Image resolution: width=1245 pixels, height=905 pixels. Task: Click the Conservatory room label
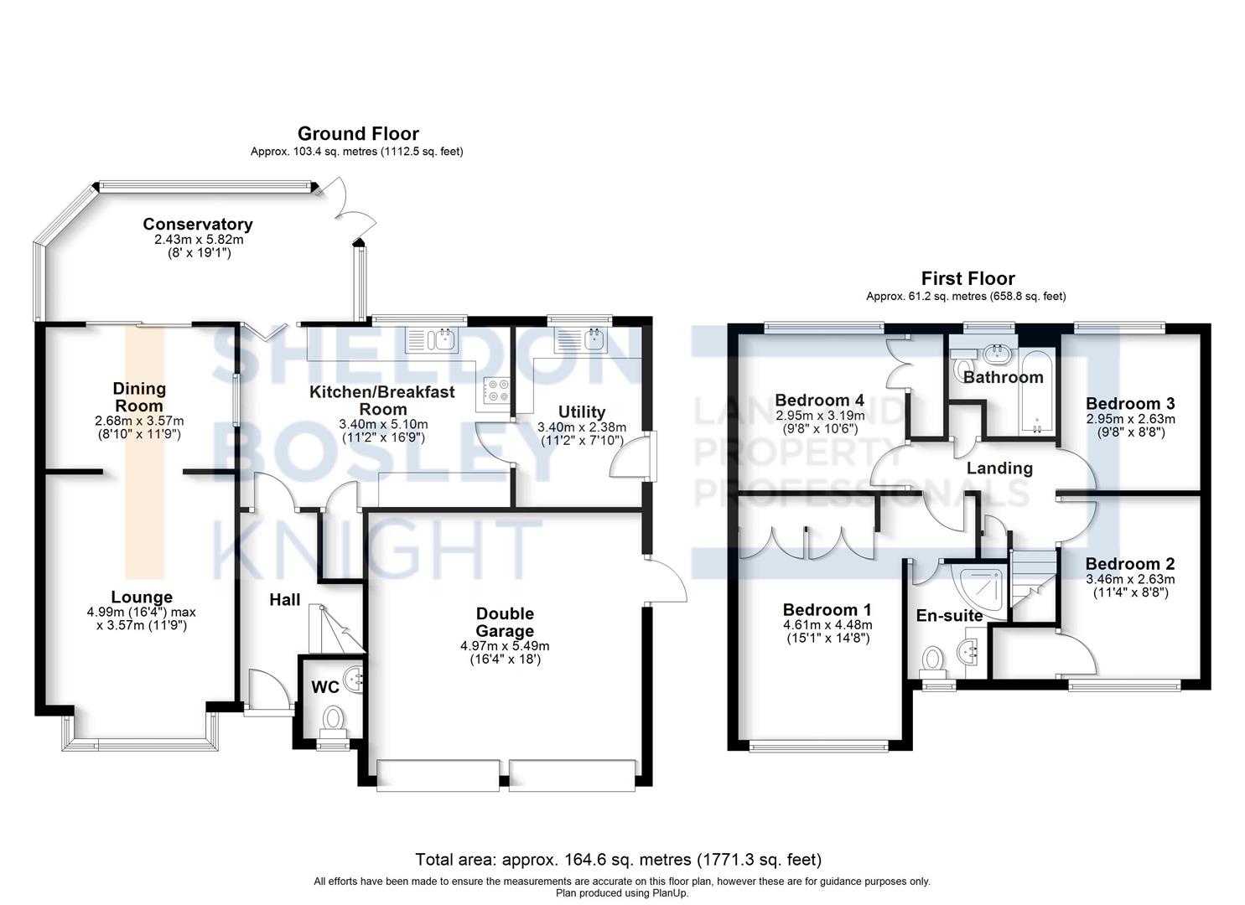(x=198, y=225)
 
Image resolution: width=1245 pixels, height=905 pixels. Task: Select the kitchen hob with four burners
(x=497, y=390)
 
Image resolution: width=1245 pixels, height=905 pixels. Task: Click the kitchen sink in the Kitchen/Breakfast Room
(x=432, y=340)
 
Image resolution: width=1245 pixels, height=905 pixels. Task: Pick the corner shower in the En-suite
(x=979, y=592)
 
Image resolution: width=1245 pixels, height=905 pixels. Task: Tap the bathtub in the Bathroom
(x=1037, y=391)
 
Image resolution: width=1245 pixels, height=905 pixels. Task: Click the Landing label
(x=999, y=468)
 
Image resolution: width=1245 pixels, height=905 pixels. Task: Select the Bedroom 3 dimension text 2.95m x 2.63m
(x=1130, y=419)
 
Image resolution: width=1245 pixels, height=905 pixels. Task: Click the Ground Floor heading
(x=358, y=133)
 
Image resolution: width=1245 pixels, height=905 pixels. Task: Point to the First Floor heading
(x=967, y=277)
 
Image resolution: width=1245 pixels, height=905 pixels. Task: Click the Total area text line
(x=618, y=860)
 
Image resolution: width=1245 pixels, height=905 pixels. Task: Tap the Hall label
(x=284, y=599)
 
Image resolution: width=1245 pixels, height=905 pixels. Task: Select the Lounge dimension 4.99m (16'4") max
(x=141, y=613)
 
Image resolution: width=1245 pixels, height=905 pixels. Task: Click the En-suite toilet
(x=933, y=662)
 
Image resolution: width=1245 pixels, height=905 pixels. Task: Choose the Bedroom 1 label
(x=827, y=610)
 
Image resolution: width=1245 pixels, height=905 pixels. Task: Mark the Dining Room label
(x=139, y=397)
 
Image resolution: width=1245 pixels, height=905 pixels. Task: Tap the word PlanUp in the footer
(x=671, y=893)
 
